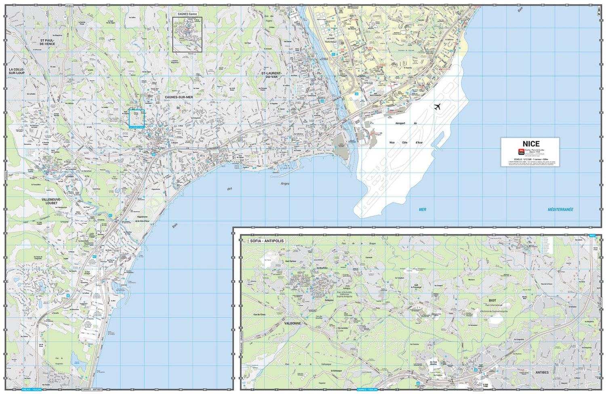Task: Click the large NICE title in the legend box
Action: pos(530,144)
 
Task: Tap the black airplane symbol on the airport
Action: pos(437,107)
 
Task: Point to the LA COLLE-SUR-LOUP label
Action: pos(17,71)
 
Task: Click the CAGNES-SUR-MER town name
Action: pos(179,97)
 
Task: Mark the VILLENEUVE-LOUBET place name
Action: pos(51,201)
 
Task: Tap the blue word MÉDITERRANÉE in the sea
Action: pos(560,209)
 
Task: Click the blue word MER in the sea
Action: pos(423,209)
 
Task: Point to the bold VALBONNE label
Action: pos(292,323)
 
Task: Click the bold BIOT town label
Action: pos(492,301)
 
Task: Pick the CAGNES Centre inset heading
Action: pos(187,14)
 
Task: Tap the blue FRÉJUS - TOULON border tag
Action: pos(31,390)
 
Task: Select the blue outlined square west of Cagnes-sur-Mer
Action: pos(137,118)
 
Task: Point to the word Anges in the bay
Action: pos(285,184)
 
